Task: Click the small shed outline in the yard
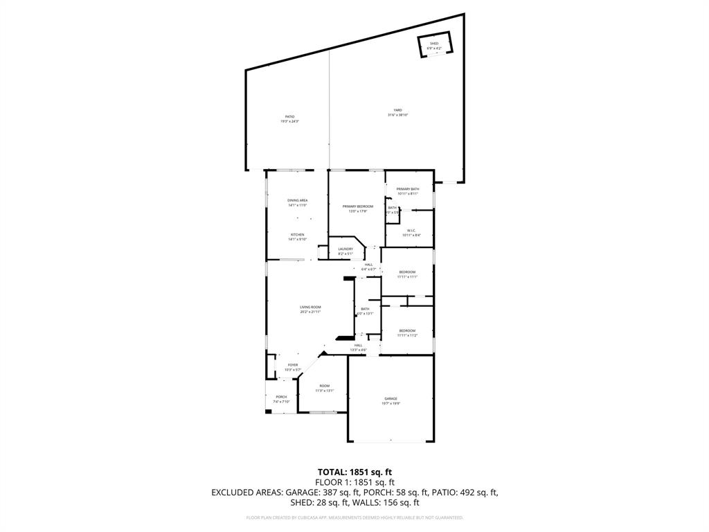tap(434, 46)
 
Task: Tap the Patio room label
tap(289, 119)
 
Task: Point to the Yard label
tap(397, 112)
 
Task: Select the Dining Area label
tap(297, 202)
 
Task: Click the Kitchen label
tap(297, 236)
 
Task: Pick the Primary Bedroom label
tap(358, 209)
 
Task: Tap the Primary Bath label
tap(407, 191)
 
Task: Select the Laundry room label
tap(345, 251)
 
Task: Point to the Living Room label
tap(310, 309)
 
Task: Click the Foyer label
tap(293, 367)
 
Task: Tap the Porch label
tap(281, 399)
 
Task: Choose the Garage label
tap(391, 400)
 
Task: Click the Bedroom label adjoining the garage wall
tap(406, 332)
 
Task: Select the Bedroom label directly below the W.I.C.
tap(406, 274)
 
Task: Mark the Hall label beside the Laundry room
tap(368, 266)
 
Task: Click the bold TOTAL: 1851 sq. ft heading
tap(354, 472)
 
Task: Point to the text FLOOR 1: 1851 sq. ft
tap(354, 482)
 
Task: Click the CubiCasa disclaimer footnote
tap(354, 517)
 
